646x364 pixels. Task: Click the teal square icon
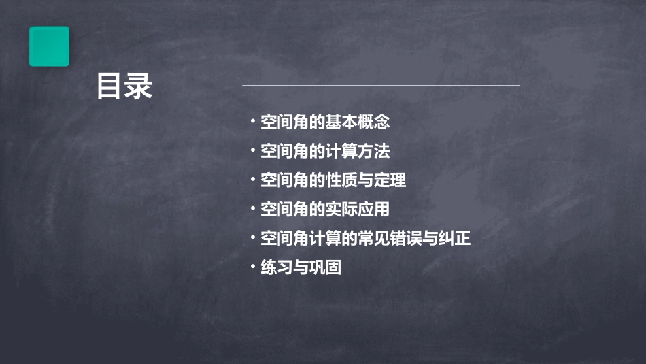(x=49, y=46)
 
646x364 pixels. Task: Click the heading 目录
(x=124, y=86)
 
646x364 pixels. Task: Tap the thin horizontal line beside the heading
(x=381, y=86)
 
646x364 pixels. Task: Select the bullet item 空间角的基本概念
(x=325, y=122)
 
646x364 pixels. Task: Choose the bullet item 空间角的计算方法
(x=325, y=151)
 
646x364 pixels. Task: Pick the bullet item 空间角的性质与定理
(x=333, y=180)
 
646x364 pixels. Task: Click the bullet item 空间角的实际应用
(x=325, y=210)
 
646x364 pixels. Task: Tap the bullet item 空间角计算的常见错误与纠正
(x=365, y=239)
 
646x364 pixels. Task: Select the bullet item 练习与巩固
(x=301, y=267)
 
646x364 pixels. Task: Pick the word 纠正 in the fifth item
(x=455, y=239)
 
